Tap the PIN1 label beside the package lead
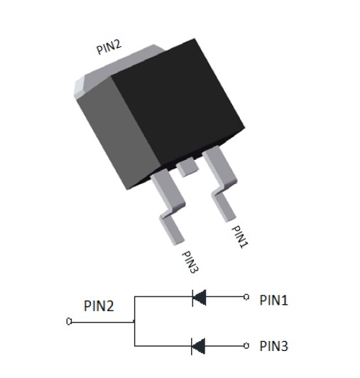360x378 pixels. coord(240,237)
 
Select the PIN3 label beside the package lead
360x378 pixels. coord(190,262)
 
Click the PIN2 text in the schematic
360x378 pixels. coord(99,306)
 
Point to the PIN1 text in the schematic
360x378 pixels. coord(273,300)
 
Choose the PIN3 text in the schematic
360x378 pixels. coord(273,346)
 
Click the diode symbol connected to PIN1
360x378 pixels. coord(199,298)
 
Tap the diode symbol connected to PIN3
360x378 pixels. coord(198,346)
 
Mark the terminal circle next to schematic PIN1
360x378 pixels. coord(246,297)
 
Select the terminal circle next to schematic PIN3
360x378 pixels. coord(246,346)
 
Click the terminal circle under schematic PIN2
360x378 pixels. coord(69,321)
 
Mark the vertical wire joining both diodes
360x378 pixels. coord(134,321)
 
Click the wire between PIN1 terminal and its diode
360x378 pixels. coord(225,297)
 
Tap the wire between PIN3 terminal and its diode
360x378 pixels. coord(224,346)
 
